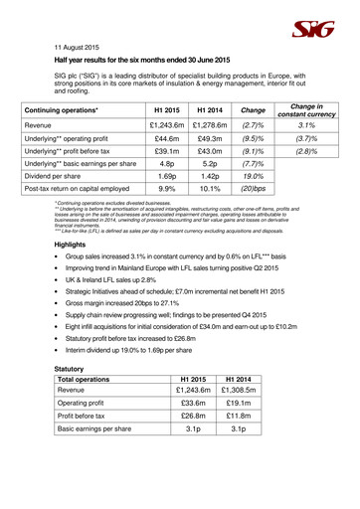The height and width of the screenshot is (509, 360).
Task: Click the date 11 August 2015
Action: tap(77, 46)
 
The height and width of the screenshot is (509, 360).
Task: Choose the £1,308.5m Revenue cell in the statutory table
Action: tap(242, 450)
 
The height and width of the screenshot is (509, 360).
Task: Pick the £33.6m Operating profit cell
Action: tap(187, 467)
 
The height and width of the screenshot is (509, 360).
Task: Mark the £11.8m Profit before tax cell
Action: tap(242, 485)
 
